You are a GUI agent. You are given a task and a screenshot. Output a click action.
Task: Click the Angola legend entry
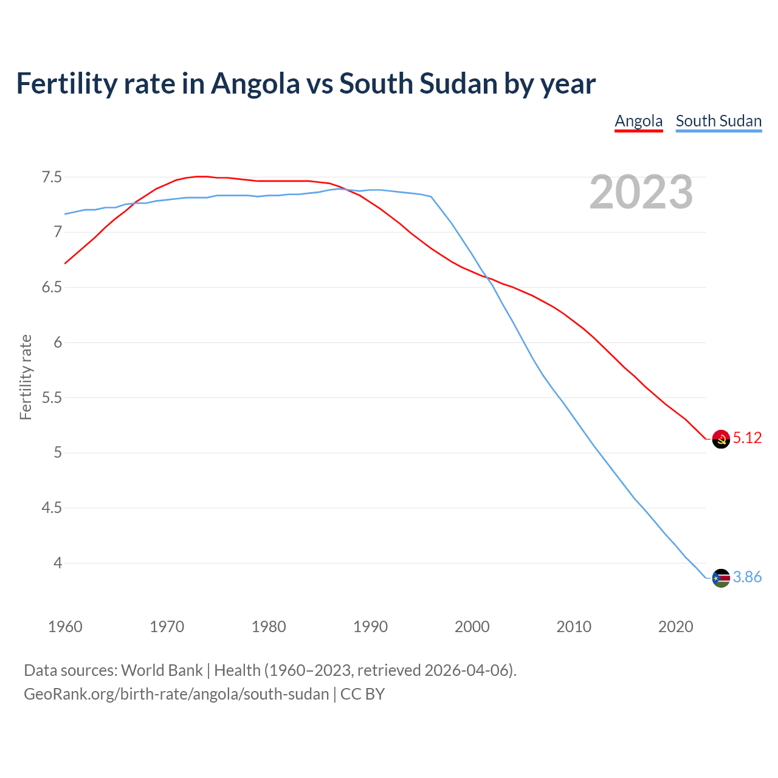pos(638,121)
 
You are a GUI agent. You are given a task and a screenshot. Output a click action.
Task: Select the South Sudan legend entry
pos(718,121)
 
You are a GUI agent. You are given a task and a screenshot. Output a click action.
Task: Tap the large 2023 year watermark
pos(641,192)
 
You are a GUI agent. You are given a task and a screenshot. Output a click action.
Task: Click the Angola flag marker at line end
pos(721,439)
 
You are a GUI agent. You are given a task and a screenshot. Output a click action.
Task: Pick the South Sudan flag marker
pos(721,578)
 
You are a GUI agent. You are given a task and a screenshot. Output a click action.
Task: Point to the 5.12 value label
pos(747,438)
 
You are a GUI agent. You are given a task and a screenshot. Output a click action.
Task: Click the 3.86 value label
pos(747,577)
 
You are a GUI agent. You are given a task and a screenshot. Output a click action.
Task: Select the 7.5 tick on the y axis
pos(52,177)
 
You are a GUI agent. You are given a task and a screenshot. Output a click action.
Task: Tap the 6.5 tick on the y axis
pos(52,287)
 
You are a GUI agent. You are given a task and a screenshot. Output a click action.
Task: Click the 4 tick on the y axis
pos(58,563)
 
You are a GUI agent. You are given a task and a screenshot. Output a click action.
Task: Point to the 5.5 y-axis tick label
pos(52,398)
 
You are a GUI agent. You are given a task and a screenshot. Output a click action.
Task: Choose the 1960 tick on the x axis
pos(65,627)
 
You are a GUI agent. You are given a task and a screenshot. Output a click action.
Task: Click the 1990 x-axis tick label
pos(370,627)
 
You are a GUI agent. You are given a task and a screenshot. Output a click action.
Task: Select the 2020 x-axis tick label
pos(675,627)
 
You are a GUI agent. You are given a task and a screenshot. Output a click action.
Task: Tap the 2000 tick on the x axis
pos(472,627)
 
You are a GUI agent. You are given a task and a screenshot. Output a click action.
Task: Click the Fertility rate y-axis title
pos(26,377)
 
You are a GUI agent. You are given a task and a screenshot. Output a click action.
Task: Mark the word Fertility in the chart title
pos(66,83)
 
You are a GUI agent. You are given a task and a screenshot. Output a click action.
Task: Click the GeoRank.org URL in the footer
pos(176,694)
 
